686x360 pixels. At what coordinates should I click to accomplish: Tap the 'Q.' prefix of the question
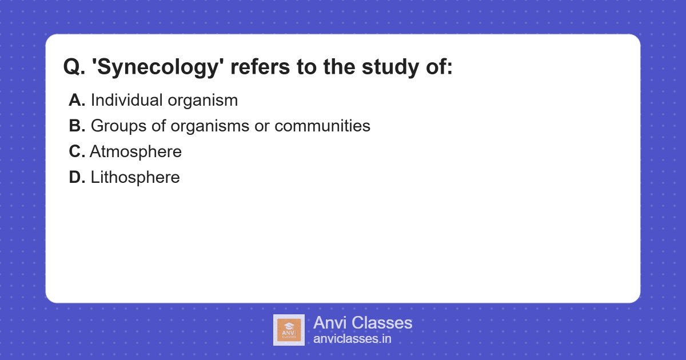[x=74, y=67]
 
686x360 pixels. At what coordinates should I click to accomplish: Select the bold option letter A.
[x=77, y=101]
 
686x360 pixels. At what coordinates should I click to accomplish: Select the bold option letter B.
[x=77, y=126]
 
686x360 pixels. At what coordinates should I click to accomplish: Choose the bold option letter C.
[x=77, y=152]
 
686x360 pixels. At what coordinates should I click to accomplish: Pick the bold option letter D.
[x=77, y=178]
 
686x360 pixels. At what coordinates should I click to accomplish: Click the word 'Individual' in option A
[x=126, y=101]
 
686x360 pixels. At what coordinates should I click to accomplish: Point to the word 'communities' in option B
[x=322, y=126]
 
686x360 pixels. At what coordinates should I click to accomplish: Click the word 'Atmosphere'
[x=135, y=152]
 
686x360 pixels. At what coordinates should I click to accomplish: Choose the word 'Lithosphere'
[x=135, y=178]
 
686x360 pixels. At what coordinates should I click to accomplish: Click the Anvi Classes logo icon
[x=289, y=330]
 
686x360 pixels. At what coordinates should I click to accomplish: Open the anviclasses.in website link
[x=352, y=339]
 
